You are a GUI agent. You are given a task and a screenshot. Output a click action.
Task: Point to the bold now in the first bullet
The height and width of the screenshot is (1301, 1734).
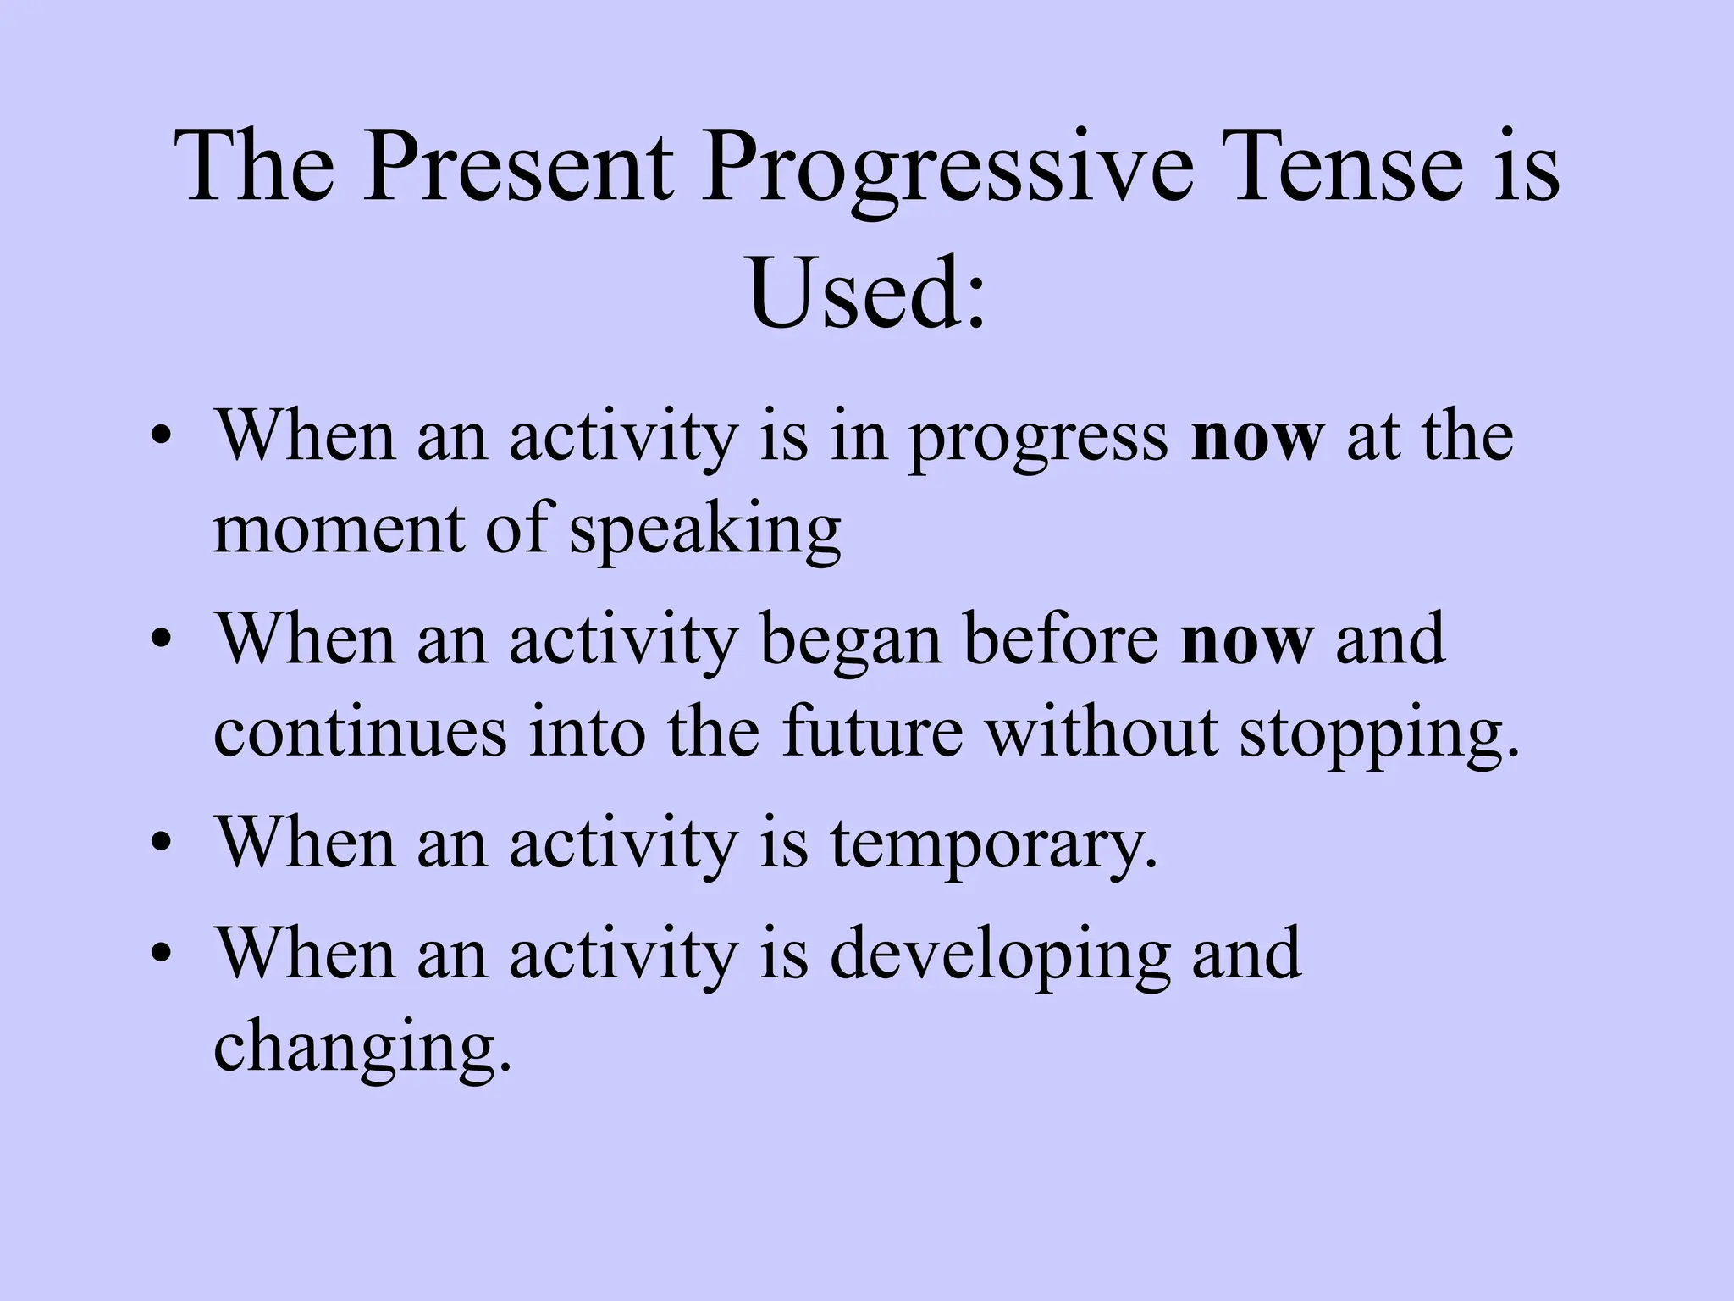tap(1256, 439)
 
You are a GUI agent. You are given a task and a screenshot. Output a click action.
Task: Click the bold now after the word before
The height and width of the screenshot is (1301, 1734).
tap(1246, 641)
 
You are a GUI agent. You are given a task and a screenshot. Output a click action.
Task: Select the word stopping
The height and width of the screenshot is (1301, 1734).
tap(1378, 734)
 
